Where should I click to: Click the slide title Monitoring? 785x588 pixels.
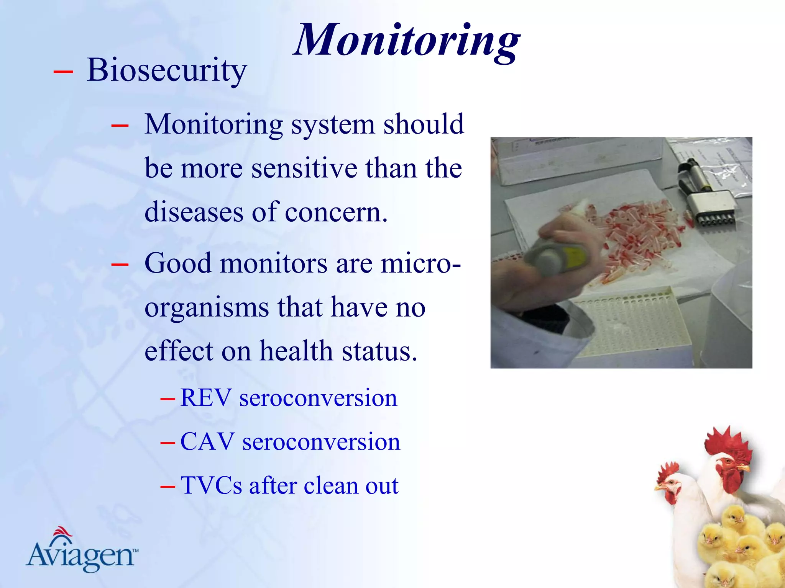[x=406, y=40]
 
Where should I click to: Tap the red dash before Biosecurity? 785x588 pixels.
[x=63, y=72]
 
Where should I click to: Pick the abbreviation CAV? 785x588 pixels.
[x=207, y=442]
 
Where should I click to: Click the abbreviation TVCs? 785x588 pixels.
[x=211, y=486]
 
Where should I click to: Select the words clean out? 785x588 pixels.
[x=351, y=486]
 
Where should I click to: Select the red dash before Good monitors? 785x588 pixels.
[x=120, y=264]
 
